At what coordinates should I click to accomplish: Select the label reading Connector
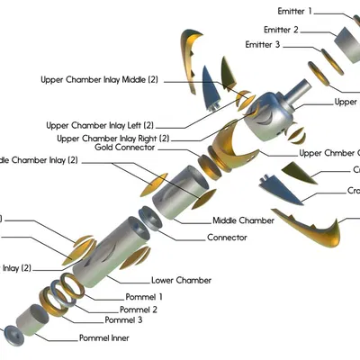pyautogui.click(x=227, y=238)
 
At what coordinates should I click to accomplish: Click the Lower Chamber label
pyautogui.click(x=181, y=280)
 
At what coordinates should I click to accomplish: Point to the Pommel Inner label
pyautogui.click(x=103, y=338)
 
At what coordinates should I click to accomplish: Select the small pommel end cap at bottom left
pyautogui.click(x=15, y=334)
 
